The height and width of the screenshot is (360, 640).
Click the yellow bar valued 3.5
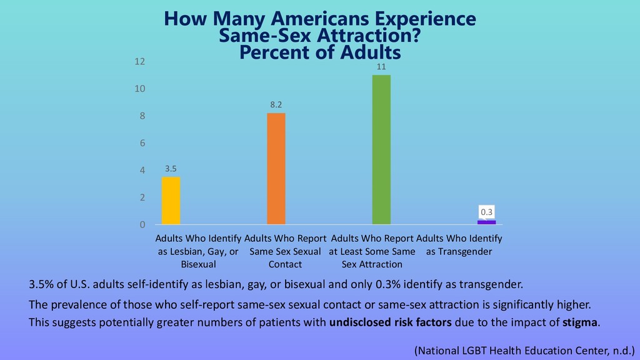tap(171, 201)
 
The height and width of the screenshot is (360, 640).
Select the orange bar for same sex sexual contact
tap(276, 169)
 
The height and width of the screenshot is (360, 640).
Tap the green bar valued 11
tap(381, 149)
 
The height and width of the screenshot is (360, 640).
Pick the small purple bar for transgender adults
tap(486, 222)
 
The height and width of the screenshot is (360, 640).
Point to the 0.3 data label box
tap(487, 212)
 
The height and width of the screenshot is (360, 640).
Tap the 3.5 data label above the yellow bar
tap(171, 168)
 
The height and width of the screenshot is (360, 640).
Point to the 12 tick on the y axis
tap(139, 61)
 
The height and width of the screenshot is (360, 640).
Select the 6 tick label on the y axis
tap(142, 143)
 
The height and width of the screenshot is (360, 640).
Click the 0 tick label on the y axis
tap(142, 224)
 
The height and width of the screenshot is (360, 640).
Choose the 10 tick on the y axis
tap(139, 89)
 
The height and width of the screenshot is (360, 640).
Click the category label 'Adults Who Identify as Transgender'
tap(459, 245)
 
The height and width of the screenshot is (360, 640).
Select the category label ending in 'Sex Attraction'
tap(372, 251)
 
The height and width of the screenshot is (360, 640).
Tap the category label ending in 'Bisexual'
tap(197, 251)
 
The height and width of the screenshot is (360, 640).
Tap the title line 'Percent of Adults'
tap(320, 52)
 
